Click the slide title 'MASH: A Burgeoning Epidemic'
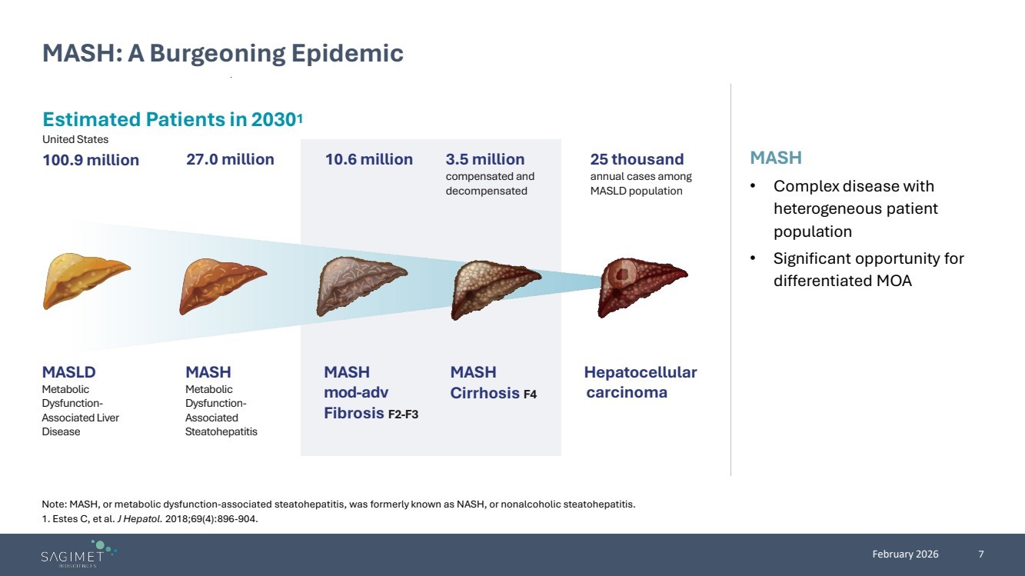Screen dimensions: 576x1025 click(223, 53)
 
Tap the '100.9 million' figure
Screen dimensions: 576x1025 click(91, 160)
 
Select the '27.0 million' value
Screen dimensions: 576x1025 click(230, 159)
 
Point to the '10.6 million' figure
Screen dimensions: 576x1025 click(369, 159)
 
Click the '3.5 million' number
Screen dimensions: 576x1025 click(485, 159)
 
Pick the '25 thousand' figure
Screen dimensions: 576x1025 click(637, 159)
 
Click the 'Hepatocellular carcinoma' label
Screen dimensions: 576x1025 click(641, 382)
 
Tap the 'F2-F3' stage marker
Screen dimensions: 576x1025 click(403, 415)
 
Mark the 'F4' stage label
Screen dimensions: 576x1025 click(530, 395)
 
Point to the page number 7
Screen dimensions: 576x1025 click(981, 554)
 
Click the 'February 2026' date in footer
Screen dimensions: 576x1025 click(905, 554)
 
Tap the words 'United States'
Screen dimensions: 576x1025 click(75, 139)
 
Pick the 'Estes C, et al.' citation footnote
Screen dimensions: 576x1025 click(150, 519)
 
